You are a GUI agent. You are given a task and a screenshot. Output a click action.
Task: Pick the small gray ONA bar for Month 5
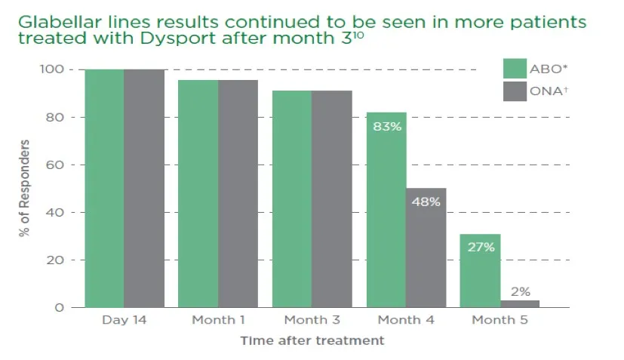point(520,303)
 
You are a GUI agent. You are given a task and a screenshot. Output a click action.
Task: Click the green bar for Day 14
point(104,189)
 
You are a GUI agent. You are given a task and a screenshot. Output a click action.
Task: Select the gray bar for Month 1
point(238,193)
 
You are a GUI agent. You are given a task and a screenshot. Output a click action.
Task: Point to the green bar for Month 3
point(292,199)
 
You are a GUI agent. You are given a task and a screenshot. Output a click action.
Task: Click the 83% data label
point(386,126)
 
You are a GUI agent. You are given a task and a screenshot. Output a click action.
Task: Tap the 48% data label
point(426,202)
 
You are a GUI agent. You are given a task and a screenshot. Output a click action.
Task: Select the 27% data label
point(481,247)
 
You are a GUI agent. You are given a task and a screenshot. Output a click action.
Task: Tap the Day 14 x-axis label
point(124,320)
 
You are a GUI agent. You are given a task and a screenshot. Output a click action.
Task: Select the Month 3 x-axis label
point(312,320)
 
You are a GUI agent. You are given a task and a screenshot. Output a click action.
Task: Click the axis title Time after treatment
point(312,340)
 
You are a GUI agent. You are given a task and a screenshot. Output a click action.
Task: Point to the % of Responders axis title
point(26,188)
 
